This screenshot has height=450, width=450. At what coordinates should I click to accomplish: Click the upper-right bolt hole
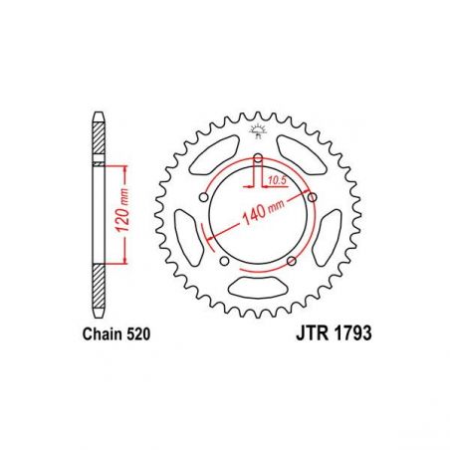pos(313,197)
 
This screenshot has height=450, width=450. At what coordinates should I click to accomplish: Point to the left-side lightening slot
pos(189,239)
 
